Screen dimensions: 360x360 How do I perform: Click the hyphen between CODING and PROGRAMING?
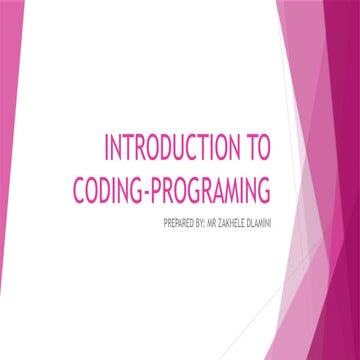(x=149, y=189)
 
